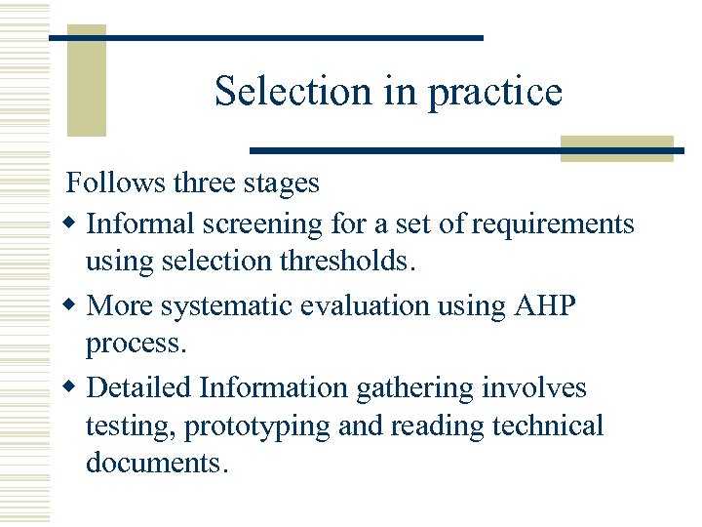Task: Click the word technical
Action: (547, 426)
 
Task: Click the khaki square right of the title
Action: (618, 148)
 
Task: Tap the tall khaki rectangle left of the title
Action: (86, 82)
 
